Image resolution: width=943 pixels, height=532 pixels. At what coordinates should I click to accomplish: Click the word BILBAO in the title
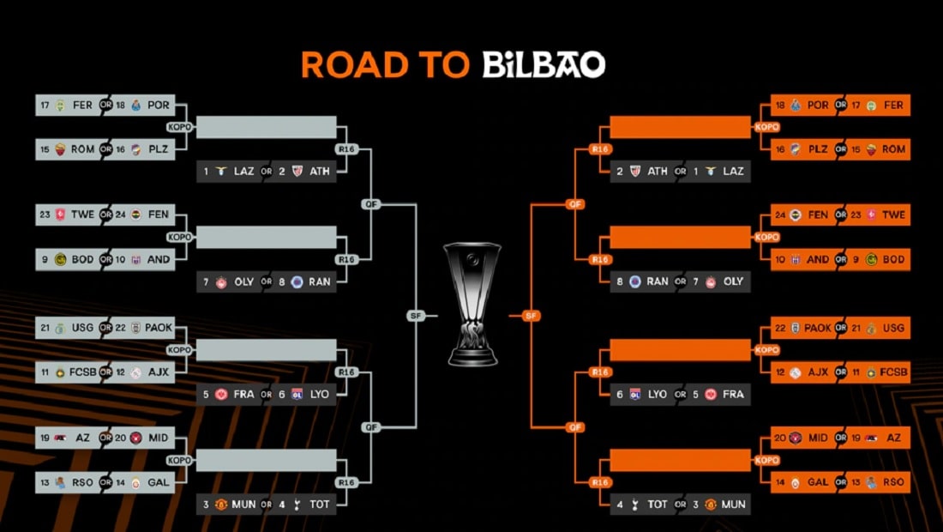pos(544,65)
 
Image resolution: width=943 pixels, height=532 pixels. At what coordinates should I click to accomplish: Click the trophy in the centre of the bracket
pos(472,304)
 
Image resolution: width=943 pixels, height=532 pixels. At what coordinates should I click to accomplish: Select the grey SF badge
pos(416,316)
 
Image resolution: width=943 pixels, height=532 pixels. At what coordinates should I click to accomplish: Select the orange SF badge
pos(531,316)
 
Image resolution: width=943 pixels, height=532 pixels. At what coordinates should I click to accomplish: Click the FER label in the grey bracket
pos(82,106)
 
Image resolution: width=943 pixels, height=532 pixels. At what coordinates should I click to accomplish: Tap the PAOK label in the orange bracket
pos(818,328)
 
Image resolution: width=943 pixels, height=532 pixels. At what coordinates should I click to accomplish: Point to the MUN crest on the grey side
pos(220,505)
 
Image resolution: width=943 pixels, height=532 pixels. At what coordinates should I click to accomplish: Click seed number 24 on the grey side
pos(120,215)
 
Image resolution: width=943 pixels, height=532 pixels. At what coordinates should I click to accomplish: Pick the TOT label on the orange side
pos(658,505)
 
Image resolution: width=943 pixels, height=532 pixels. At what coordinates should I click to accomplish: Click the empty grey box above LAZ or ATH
pos(267,127)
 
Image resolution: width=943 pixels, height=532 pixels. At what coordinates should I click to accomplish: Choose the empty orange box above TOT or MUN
pos(680,461)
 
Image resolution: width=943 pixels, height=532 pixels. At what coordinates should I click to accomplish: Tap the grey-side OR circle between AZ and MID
pos(105,438)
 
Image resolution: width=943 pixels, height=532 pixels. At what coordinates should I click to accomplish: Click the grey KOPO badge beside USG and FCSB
pos(179,349)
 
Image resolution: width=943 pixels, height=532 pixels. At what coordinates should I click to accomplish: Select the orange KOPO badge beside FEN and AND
pos(766,237)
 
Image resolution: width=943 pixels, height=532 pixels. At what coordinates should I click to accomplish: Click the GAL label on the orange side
pos(818,482)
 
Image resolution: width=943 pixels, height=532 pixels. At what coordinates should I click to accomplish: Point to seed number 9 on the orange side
pos(856,260)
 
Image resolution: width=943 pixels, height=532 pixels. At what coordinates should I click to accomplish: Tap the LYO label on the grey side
pos(320,394)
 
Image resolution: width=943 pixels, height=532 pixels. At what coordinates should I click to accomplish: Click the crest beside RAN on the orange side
pos(635,281)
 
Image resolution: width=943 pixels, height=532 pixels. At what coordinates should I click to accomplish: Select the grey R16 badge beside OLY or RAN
pos(346,260)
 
